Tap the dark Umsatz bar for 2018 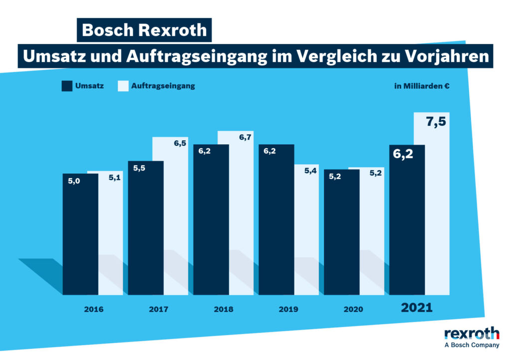211,220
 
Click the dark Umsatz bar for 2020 342,232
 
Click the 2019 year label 288,310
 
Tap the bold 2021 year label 417,308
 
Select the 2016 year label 94,310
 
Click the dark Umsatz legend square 67,86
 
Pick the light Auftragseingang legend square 123,86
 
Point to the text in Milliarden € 422,86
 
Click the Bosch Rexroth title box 144,30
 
